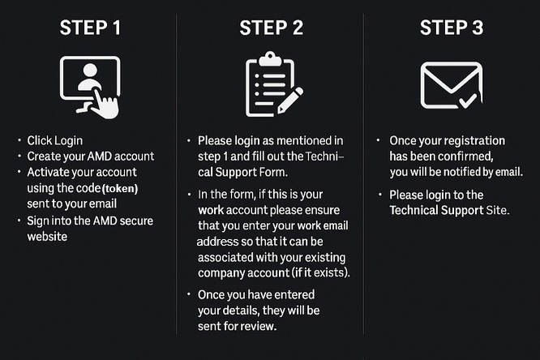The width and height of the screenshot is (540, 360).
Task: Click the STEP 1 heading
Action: (x=90, y=28)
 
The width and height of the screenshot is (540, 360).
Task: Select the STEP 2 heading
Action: (x=271, y=28)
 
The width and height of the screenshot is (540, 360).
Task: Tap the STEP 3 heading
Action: (x=452, y=28)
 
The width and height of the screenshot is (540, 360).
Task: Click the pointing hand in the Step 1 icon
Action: (x=104, y=104)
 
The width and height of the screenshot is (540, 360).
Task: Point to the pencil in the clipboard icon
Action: (x=289, y=99)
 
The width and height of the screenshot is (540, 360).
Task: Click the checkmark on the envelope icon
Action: (x=468, y=101)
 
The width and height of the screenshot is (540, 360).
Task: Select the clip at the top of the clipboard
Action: (x=269, y=58)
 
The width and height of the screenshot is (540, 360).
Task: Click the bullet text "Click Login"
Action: (x=55, y=140)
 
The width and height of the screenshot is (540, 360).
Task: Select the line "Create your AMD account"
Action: (x=90, y=156)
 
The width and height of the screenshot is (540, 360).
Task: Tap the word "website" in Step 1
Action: (x=48, y=236)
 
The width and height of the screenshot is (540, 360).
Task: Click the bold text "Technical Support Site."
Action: (x=449, y=211)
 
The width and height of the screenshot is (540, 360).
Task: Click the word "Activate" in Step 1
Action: (x=49, y=172)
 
